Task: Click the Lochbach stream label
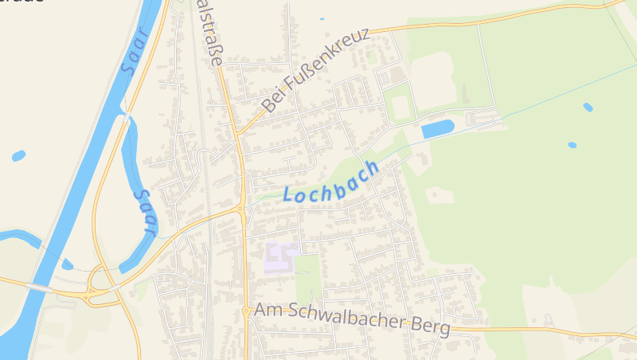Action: click(330, 185)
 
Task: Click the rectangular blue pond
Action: click(437, 128)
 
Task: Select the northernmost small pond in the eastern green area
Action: click(588, 107)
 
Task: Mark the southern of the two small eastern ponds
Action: click(572, 145)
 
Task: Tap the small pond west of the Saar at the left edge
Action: click(18, 155)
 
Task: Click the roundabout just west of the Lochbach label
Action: click(240, 209)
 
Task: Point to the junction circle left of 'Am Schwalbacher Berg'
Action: click(246, 311)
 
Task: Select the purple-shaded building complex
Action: click(282, 257)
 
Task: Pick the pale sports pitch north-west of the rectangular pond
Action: click(400, 106)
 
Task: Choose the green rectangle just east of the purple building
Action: click(308, 275)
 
